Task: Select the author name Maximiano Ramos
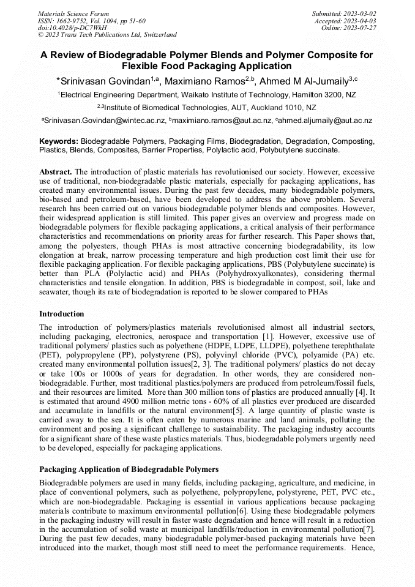pyautogui.click(x=196, y=81)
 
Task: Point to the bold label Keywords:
pyautogui.click(x=59, y=141)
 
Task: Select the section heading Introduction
pyautogui.click(x=62, y=314)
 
